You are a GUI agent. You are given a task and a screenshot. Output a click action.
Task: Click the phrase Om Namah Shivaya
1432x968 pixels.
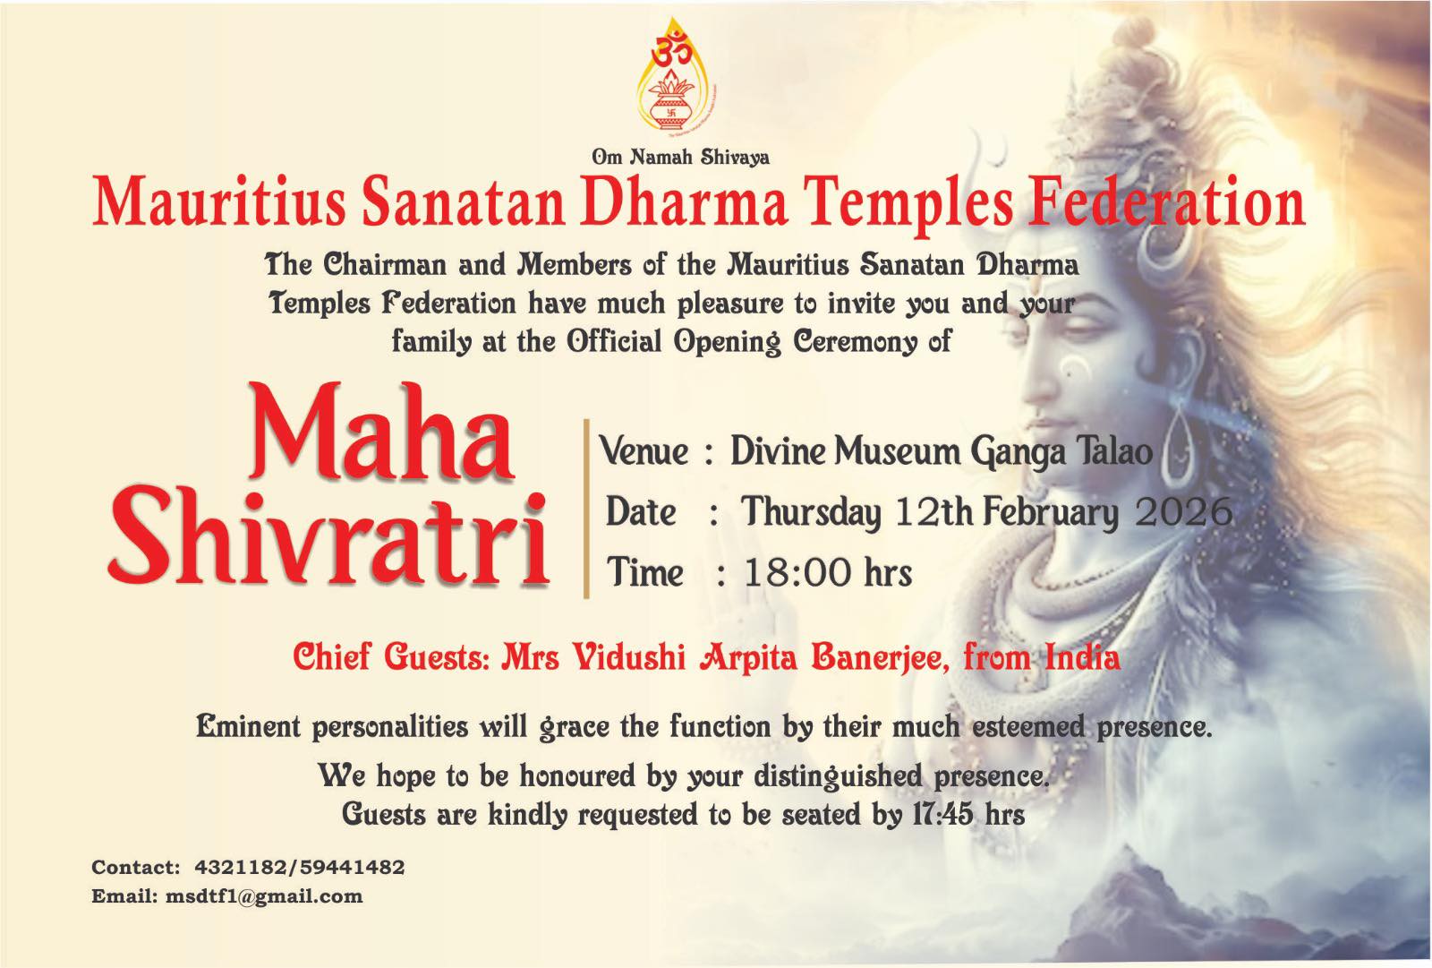pos(680,157)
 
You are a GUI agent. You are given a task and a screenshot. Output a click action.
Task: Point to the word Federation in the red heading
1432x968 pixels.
pos(1166,202)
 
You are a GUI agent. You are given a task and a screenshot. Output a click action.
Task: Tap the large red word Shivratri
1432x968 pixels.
pos(328,537)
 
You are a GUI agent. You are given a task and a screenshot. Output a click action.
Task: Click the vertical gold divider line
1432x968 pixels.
pos(586,509)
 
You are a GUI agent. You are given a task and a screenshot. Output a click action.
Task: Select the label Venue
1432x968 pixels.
pos(644,451)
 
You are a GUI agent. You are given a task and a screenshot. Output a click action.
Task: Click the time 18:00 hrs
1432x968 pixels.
pos(828,572)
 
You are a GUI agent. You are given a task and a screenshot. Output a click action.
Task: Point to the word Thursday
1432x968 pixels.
pos(811,513)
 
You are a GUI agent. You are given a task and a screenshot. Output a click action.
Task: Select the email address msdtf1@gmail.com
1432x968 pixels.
pos(264,896)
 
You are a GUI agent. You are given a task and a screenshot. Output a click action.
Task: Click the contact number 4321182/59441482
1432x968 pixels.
pos(299,868)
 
